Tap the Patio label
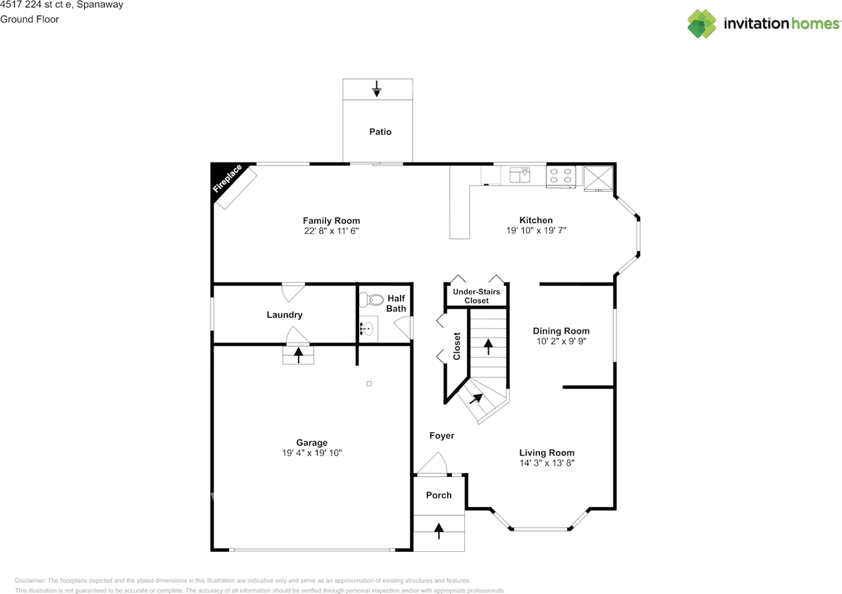point(380,132)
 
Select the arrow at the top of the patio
point(376,89)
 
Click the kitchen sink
point(520,175)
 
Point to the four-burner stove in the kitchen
point(560,175)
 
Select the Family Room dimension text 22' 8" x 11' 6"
point(331,231)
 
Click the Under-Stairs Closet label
point(476,296)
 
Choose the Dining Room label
point(561,331)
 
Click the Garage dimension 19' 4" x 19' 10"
point(312,453)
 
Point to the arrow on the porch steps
point(438,529)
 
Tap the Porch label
point(439,495)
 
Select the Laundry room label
point(284,315)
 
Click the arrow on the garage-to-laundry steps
point(299,355)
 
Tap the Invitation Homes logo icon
point(702,24)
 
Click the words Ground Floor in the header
point(30,19)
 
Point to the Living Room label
point(547,452)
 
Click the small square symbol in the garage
point(369,384)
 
